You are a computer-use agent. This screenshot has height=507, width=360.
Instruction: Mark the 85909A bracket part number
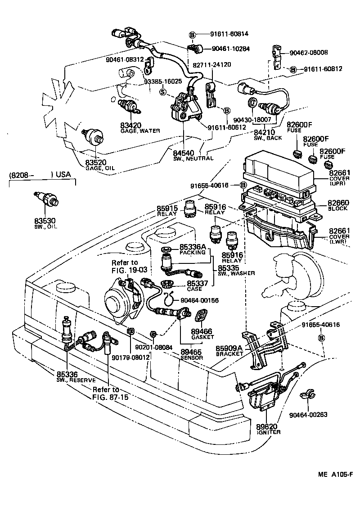(x=231, y=348)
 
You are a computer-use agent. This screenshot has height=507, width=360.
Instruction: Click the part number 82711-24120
(x=212, y=64)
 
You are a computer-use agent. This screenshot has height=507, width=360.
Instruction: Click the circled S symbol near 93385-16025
(x=162, y=92)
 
